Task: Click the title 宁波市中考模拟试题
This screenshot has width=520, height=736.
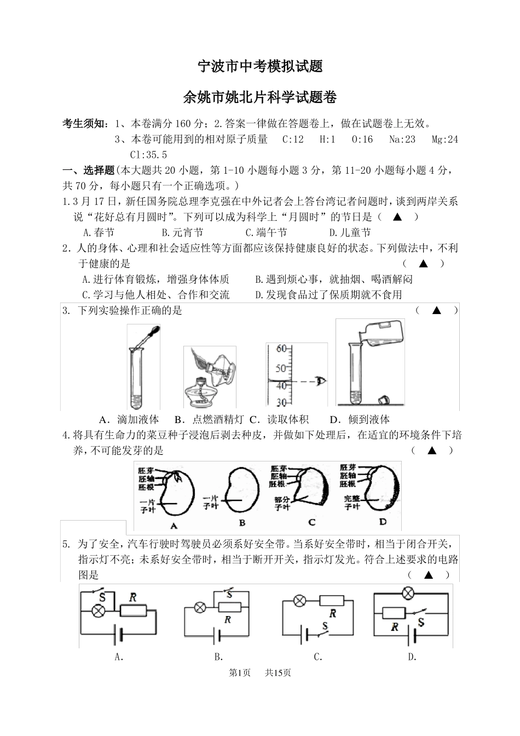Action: (259, 66)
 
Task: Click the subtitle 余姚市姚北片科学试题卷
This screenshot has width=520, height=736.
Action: (259, 98)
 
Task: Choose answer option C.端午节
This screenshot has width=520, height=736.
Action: (267, 233)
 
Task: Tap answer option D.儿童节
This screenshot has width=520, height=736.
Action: (350, 233)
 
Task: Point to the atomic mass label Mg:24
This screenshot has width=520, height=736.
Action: (444, 140)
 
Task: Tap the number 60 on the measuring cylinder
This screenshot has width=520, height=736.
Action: (282, 349)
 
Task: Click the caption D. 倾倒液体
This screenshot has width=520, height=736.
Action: (360, 420)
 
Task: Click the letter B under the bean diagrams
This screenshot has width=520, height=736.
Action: (242, 523)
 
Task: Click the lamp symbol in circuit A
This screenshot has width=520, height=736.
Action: (99, 611)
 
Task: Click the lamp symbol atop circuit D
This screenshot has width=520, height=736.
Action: (407, 592)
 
